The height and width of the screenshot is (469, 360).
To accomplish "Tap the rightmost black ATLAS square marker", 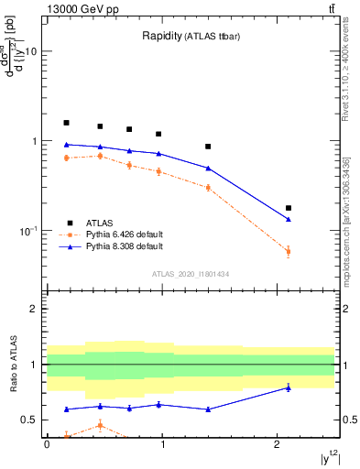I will tap(289, 208).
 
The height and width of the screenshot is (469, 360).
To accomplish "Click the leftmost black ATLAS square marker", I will tap(66, 123).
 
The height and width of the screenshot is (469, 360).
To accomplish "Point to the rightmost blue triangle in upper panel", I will tap(289, 219).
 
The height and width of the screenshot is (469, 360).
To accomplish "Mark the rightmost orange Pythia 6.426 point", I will tap(289, 251).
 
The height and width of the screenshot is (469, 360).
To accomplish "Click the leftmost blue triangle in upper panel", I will tap(66, 145).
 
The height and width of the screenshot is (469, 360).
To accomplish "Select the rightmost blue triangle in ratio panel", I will tap(289, 387).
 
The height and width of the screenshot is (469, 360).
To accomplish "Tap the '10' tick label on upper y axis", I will tap(30, 52).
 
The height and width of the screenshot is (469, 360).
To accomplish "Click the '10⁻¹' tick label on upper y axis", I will tap(27, 231).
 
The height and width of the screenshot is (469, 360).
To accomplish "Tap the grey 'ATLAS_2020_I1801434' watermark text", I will tap(191, 274).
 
